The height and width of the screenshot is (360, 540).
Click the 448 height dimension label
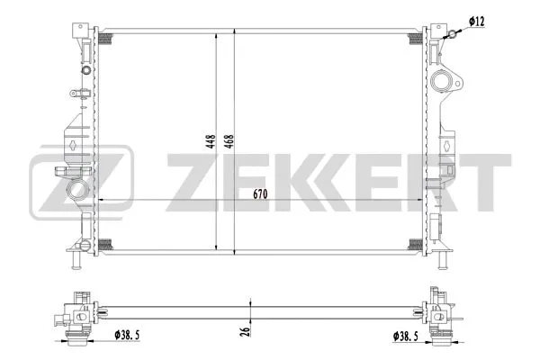[x=209, y=141]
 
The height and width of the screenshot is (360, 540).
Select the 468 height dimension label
[x=229, y=141]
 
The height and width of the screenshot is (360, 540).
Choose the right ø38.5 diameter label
[x=405, y=337]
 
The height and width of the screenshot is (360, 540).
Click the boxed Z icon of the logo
[x=82, y=184]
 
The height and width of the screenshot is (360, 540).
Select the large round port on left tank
[x=79, y=191]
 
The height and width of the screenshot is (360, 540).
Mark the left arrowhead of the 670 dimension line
[x=101, y=199]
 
